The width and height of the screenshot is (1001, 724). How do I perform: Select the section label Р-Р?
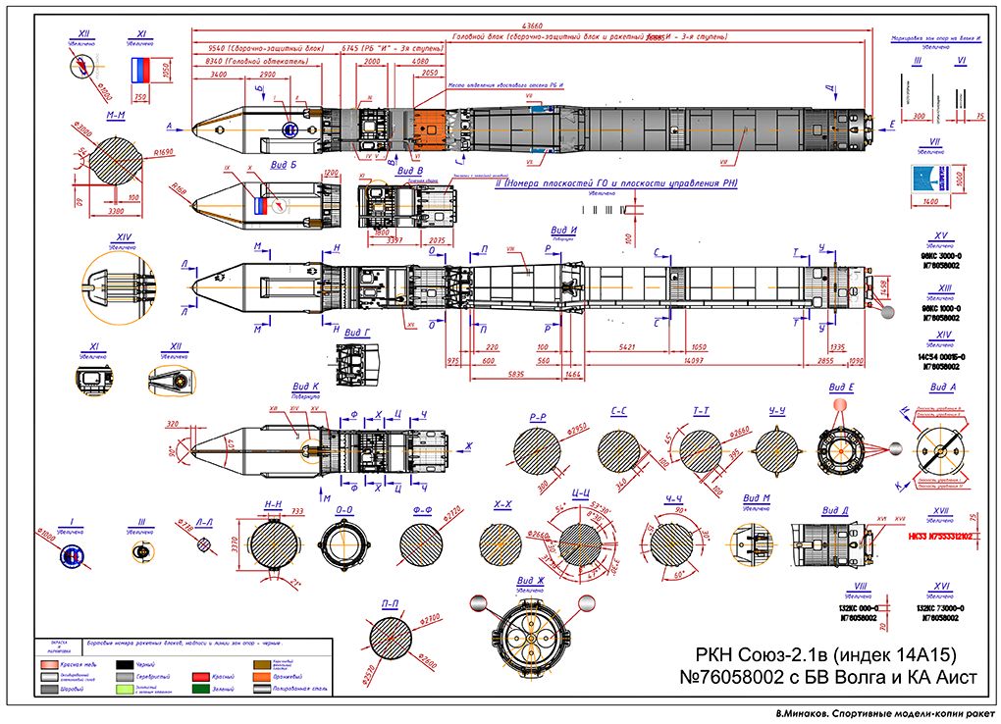pos(538,417)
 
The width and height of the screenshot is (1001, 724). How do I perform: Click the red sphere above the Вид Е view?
pos(839,405)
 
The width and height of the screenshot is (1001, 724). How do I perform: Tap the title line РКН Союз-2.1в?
pos(825,654)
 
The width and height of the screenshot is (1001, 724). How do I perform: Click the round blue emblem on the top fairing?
pos(290,129)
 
